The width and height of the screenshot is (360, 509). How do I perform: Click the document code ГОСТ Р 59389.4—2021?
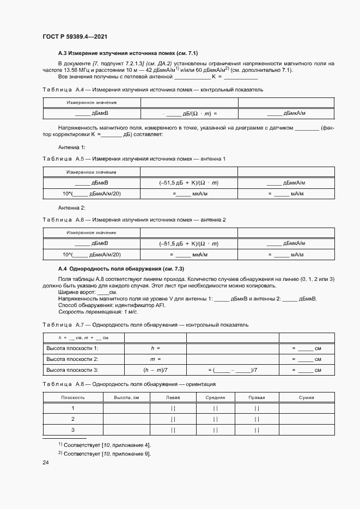coord(74,36)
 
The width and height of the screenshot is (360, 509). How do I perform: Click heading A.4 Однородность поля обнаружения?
coord(121,269)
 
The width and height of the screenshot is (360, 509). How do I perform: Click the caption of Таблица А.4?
coord(147,89)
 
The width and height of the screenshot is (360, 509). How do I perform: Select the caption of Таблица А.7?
coord(145,324)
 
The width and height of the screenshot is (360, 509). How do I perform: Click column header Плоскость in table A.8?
coord(72,397)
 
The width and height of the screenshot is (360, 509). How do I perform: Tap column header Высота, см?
coord(127,397)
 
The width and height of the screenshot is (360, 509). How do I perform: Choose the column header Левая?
coord(173,397)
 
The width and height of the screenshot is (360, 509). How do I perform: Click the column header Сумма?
coord(307,397)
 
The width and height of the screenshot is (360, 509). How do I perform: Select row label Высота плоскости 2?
coord(72,359)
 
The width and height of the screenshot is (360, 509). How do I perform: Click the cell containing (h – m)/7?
coord(155,370)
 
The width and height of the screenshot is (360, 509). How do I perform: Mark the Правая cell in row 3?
coord(257,430)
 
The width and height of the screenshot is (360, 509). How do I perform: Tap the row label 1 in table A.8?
coord(72,408)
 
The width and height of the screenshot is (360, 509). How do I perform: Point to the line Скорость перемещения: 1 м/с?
coord(90,311)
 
